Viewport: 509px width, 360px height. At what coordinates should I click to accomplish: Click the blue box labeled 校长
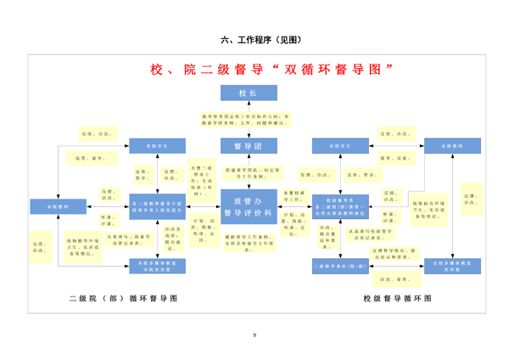point(248,93)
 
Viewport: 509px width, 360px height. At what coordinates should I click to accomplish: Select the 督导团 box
point(248,146)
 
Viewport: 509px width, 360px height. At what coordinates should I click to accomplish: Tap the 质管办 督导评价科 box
point(248,206)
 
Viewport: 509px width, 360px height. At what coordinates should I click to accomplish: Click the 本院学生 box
point(157,146)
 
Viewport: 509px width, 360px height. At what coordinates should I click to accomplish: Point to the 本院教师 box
point(58,206)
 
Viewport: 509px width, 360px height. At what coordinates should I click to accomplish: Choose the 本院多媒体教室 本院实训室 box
point(157,266)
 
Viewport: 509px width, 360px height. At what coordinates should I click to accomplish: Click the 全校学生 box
point(340,146)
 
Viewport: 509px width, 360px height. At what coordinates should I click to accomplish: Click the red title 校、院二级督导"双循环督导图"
point(271,68)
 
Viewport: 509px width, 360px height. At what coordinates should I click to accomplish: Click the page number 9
point(255,337)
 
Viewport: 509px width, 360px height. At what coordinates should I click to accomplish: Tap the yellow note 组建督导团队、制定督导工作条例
point(248,174)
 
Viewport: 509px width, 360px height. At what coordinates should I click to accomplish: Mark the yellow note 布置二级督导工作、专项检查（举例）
point(198,179)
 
